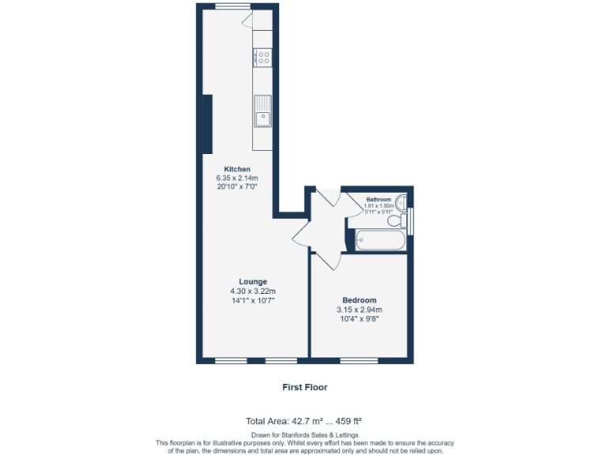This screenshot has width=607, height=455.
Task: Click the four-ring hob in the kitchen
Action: [262, 58]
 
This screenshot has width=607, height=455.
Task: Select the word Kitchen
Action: [237, 169]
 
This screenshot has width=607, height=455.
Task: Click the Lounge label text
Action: [253, 281]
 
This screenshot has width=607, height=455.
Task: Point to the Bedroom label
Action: [359, 300]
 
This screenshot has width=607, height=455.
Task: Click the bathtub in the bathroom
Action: [381, 239]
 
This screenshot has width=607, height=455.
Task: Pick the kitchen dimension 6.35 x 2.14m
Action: [237, 178]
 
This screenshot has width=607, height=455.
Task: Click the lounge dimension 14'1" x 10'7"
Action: [253, 300]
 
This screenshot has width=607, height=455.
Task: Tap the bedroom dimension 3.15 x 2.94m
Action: [359, 310]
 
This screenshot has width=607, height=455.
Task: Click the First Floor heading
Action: [304, 387]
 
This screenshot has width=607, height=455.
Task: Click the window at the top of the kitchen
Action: [228, 6]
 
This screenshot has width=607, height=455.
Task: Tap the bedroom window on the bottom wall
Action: [359, 361]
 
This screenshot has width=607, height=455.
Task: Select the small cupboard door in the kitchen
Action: [247, 20]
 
